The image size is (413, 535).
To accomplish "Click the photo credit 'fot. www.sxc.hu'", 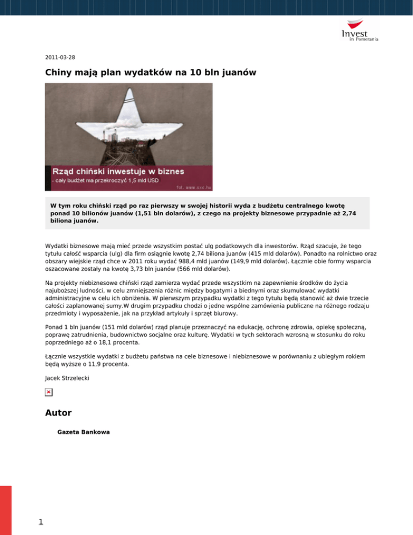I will point(194,188).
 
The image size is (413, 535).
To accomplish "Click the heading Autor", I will point(58,413).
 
